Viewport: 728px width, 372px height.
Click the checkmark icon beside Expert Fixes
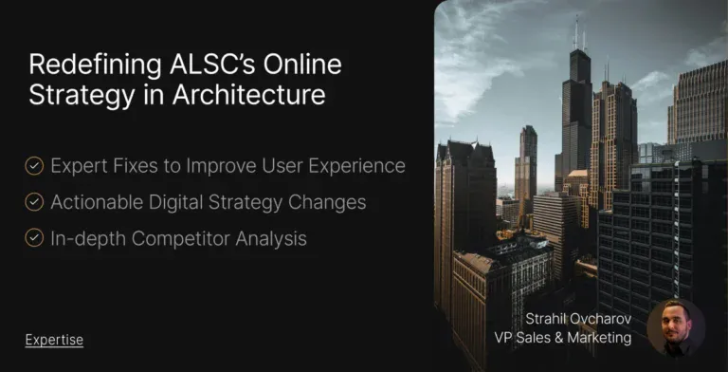click(x=34, y=166)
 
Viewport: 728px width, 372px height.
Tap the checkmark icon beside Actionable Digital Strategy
click(x=34, y=202)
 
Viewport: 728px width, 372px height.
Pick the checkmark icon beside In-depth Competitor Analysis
click(x=34, y=238)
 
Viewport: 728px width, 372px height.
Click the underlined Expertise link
click(x=54, y=339)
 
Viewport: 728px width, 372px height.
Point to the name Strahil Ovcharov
click(x=579, y=320)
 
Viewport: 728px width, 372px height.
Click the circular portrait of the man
click(x=675, y=328)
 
